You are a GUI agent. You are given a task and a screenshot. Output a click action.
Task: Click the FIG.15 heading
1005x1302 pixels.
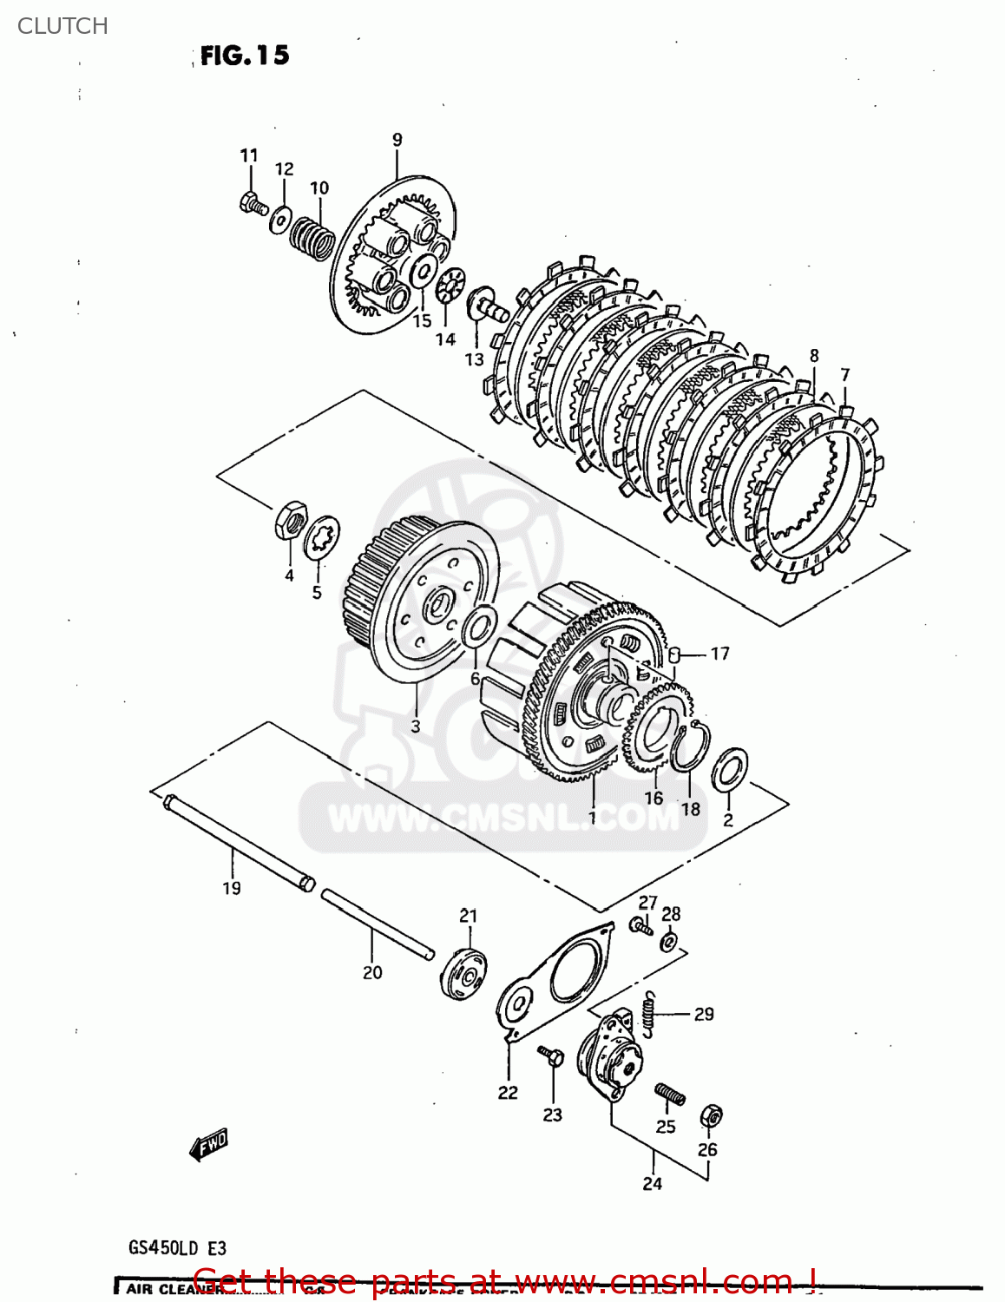(x=244, y=56)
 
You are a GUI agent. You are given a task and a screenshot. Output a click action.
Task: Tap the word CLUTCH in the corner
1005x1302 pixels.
(x=62, y=26)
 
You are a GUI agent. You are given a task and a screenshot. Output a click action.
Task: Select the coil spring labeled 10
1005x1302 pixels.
(x=312, y=237)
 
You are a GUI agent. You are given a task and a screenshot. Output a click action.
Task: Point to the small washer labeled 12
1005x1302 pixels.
(x=280, y=220)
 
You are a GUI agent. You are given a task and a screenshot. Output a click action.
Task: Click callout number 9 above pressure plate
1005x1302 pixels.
(x=397, y=140)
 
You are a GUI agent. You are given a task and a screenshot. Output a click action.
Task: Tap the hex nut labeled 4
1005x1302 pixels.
(x=289, y=520)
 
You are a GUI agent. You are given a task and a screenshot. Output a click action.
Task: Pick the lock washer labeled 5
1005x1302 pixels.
(x=321, y=538)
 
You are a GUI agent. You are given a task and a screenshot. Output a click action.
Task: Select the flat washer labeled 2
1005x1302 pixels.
(x=729, y=769)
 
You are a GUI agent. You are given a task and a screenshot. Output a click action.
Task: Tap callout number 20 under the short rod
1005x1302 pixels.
(x=372, y=973)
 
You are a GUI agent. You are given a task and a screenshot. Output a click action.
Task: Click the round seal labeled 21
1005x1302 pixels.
(x=464, y=974)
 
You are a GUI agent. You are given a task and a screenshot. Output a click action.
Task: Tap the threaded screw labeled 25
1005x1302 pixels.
(x=669, y=1095)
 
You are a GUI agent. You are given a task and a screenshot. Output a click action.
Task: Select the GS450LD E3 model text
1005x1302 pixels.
(x=178, y=1248)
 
